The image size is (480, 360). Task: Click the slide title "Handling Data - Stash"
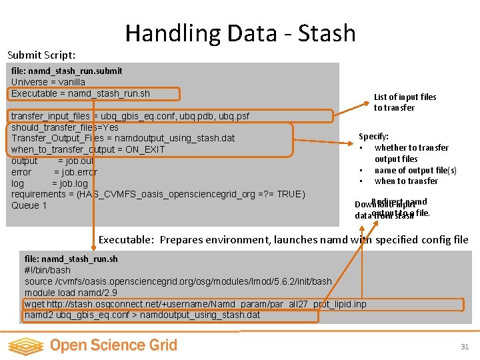click(x=240, y=33)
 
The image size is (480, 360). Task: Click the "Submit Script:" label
click(x=41, y=55)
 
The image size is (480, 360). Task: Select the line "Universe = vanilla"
click(x=48, y=82)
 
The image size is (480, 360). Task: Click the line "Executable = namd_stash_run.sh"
click(x=81, y=93)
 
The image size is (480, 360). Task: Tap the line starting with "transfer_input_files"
click(x=130, y=116)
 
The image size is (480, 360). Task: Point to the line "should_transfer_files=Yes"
click(x=65, y=127)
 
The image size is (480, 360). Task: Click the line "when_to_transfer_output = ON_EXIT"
click(x=87, y=149)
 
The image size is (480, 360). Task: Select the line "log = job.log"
click(x=49, y=183)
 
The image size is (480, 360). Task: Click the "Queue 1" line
click(x=29, y=205)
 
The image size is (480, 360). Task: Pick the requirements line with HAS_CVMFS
click(x=158, y=194)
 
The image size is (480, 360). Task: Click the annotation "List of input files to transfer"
click(x=405, y=102)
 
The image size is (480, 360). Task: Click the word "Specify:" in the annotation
click(x=374, y=136)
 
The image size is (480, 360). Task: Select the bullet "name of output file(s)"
click(x=415, y=170)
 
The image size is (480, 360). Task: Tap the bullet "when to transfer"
click(x=406, y=181)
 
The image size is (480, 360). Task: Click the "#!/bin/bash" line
click(x=47, y=270)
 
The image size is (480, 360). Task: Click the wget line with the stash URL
click(x=195, y=304)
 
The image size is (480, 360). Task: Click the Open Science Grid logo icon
click(x=26, y=345)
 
